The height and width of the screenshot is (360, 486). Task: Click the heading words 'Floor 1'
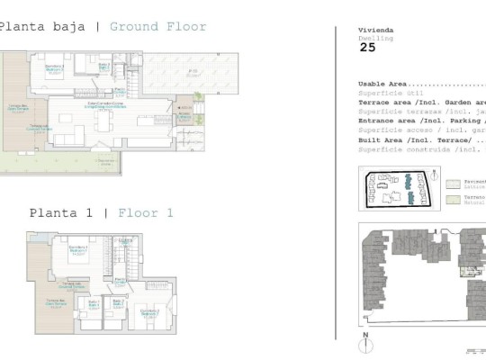(x=145, y=213)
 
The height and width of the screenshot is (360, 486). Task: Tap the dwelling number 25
(x=367, y=48)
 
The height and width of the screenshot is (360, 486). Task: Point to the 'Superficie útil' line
(x=383, y=93)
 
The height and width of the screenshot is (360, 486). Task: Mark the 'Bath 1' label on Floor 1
(x=118, y=305)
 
